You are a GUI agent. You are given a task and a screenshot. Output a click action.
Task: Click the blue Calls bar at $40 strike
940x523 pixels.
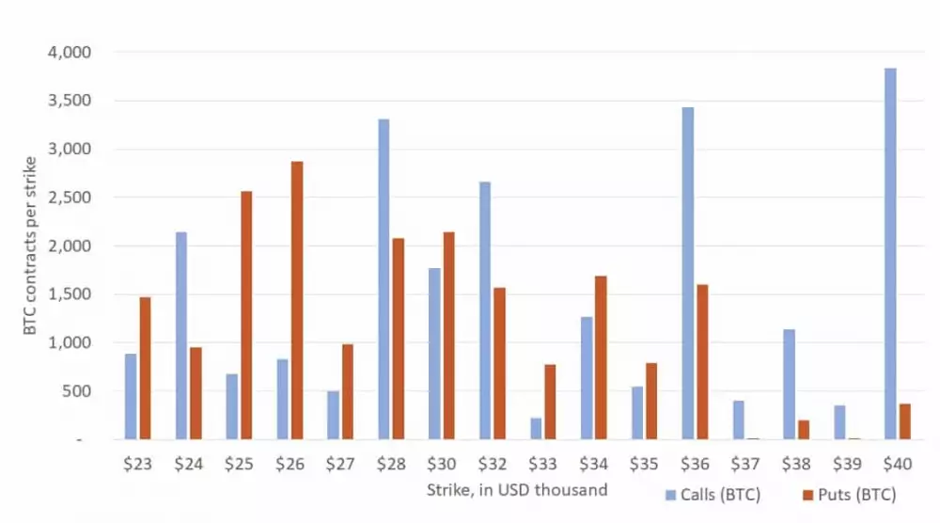tap(890, 254)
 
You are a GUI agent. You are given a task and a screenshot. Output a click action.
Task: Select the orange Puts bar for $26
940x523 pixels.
tap(297, 300)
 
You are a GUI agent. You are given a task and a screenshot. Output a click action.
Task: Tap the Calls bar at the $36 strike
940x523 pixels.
tap(688, 273)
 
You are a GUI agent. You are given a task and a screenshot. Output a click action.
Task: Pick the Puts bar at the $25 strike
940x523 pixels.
tap(246, 315)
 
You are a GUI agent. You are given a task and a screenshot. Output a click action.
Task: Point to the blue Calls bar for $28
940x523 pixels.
tap(384, 279)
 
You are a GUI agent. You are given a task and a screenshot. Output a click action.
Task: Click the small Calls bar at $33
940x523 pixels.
tap(536, 429)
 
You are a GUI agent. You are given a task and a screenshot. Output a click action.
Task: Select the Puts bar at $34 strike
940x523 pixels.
tap(601, 357)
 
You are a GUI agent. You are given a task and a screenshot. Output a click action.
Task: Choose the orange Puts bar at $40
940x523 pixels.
tap(904, 421)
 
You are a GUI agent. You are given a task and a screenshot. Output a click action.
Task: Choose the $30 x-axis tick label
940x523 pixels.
tap(442, 463)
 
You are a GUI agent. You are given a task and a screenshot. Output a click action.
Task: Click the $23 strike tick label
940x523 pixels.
tap(137, 463)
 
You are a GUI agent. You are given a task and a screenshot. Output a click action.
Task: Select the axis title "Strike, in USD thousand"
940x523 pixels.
tap(517, 489)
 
